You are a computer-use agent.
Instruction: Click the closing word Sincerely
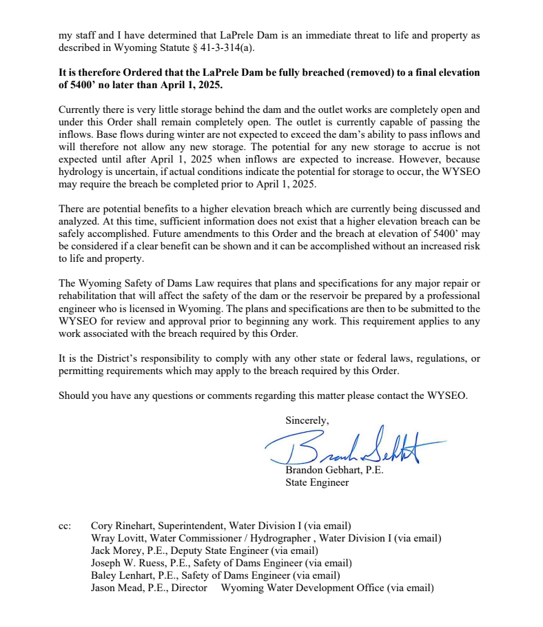click(307, 420)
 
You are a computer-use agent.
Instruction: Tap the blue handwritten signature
click(351, 446)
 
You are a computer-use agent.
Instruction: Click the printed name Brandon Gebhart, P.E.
click(334, 471)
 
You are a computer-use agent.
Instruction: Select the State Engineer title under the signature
click(317, 482)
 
